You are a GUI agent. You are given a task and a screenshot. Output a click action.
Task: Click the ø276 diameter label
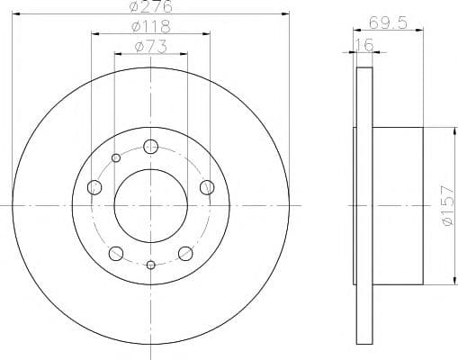(x=151, y=6)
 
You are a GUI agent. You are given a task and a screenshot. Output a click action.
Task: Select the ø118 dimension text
(x=151, y=27)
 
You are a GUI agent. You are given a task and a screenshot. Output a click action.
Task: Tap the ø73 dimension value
(x=151, y=47)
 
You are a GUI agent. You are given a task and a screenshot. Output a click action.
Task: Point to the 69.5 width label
(x=388, y=22)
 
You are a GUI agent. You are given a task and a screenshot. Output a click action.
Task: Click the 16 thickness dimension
(x=364, y=45)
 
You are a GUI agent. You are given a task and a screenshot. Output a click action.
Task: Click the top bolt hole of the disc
(x=150, y=147)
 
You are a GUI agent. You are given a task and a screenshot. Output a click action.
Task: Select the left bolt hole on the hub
(x=94, y=187)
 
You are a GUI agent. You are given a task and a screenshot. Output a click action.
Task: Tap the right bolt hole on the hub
(x=207, y=187)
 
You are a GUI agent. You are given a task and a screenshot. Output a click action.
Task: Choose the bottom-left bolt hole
(x=116, y=254)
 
